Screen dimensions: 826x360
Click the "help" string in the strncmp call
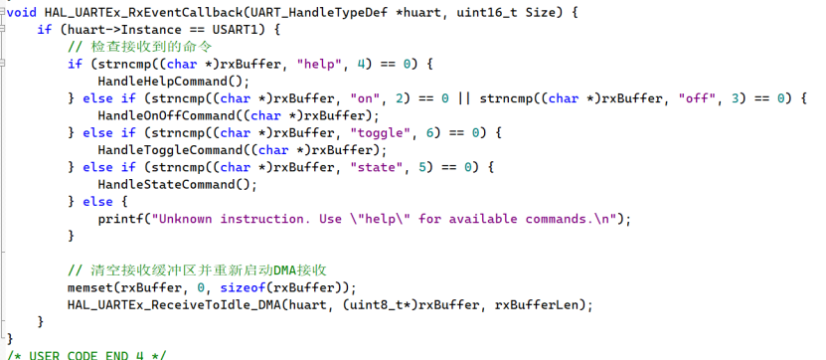tap(316, 65)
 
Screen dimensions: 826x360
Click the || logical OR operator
tap(464, 98)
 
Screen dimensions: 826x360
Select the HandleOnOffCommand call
tap(170, 116)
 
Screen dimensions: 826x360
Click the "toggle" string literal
tap(381, 133)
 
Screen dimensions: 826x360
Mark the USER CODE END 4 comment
tap(85, 355)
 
